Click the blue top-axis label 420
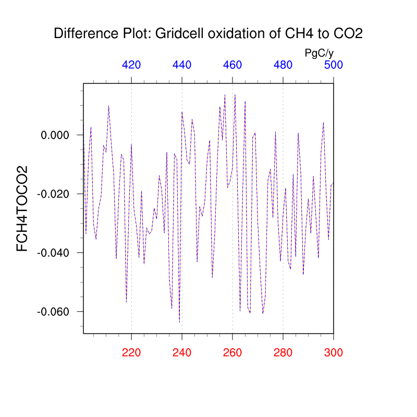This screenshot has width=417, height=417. (x=131, y=65)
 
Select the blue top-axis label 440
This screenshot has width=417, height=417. (x=182, y=65)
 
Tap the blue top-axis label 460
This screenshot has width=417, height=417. (x=232, y=65)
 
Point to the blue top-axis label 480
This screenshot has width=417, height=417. (x=283, y=65)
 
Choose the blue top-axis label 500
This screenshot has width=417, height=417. (x=334, y=65)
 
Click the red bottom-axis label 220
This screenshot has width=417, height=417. (x=131, y=352)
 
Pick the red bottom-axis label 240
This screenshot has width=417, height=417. (x=182, y=352)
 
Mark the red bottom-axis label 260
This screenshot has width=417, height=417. (x=232, y=352)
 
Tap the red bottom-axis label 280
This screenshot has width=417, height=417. (x=283, y=352)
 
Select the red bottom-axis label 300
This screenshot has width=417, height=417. (x=334, y=352)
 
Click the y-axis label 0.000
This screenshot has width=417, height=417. (x=55, y=136)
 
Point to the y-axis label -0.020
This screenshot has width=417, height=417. (x=53, y=194)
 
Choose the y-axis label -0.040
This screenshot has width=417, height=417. (x=53, y=253)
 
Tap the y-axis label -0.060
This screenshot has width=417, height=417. (x=53, y=312)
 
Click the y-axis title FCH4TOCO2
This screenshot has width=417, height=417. (x=22, y=208)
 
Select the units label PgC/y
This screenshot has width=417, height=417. (x=319, y=53)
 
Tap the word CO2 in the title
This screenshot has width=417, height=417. (x=349, y=34)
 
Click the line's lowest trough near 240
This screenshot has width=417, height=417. (x=179, y=322)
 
